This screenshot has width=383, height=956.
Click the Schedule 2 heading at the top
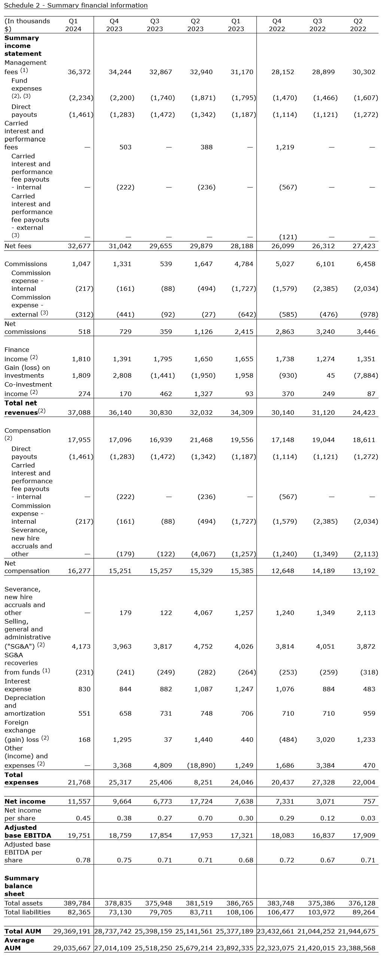coord(76,5)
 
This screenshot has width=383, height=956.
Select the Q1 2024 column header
coord(73,25)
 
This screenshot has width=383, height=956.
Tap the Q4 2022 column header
coord(277,25)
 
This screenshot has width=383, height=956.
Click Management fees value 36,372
coord(79,72)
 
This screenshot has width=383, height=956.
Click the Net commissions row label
coord(25,328)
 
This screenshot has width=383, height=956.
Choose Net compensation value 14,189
coord(325,571)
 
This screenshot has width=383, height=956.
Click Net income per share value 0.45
coord(83,818)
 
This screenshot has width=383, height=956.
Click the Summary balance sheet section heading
coord(22,886)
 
